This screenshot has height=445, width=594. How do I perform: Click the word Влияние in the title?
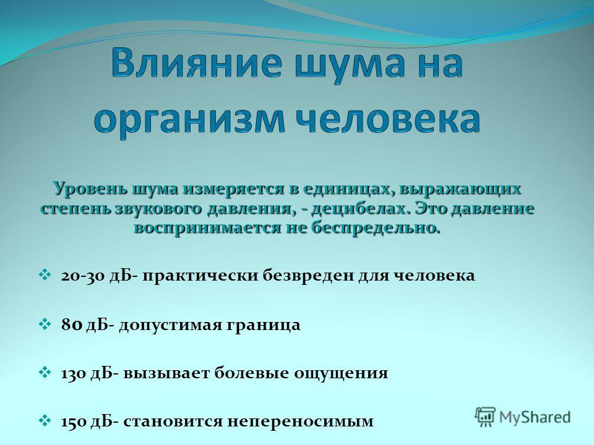(x=197, y=63)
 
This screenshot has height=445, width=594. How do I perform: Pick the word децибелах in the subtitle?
(x=361, y=208)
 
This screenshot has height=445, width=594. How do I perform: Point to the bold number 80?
(x=72, y=324)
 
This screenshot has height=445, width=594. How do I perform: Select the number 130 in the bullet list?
(x=74, y=373)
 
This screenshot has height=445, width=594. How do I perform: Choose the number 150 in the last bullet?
(x=74, y=421)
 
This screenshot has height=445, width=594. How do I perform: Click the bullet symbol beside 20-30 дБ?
(x=45, y=274)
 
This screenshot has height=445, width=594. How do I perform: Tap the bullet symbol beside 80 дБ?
(x=45, y=324)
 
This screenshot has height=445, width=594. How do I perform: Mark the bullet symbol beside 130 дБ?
(x=45, y=372)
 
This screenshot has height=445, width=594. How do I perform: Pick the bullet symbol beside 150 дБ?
(x=45, y=421)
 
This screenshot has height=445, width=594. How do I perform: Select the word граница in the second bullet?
(x=264, y=326)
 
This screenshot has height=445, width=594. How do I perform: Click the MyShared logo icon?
(x=485, y=417)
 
